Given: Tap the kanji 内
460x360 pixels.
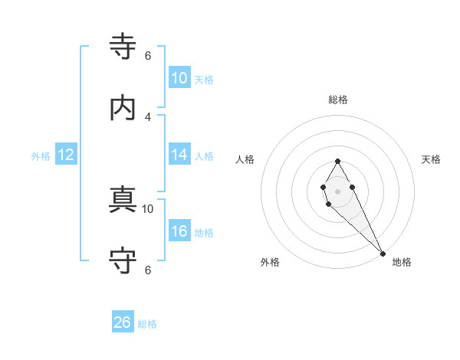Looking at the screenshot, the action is [123, 108].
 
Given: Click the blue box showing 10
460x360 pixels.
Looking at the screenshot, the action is [179, 78].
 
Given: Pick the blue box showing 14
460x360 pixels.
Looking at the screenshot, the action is [179, 155].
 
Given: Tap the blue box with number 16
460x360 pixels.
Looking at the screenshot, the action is [179, 231].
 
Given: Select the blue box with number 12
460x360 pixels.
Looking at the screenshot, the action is [66, 155].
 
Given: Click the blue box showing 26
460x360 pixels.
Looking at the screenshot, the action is [123, 322].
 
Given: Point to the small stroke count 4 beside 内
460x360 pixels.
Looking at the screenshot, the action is [148, 116].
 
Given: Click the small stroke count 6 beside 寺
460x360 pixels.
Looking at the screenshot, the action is [148, 56].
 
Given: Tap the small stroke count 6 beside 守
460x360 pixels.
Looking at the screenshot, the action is [148, 270].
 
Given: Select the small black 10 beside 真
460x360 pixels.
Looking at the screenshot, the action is [148, 208].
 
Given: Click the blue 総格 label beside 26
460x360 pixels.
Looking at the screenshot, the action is [147, 324].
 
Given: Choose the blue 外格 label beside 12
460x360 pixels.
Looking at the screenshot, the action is [41, 156].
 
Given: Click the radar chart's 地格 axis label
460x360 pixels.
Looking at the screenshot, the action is [402, 263].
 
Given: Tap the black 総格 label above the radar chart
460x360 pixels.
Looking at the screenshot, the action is [338, 100].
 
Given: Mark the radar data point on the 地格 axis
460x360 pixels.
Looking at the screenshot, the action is [383, 254].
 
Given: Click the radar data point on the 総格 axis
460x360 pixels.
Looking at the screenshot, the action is [337, 161].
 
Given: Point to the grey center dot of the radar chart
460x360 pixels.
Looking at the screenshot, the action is [337, 191].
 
